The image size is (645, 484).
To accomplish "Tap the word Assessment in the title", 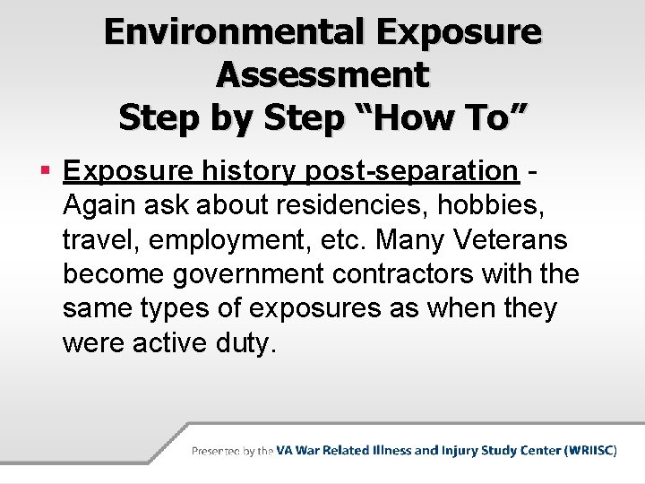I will point(322,75).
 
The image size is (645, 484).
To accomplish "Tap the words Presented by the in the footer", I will point(232,451).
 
